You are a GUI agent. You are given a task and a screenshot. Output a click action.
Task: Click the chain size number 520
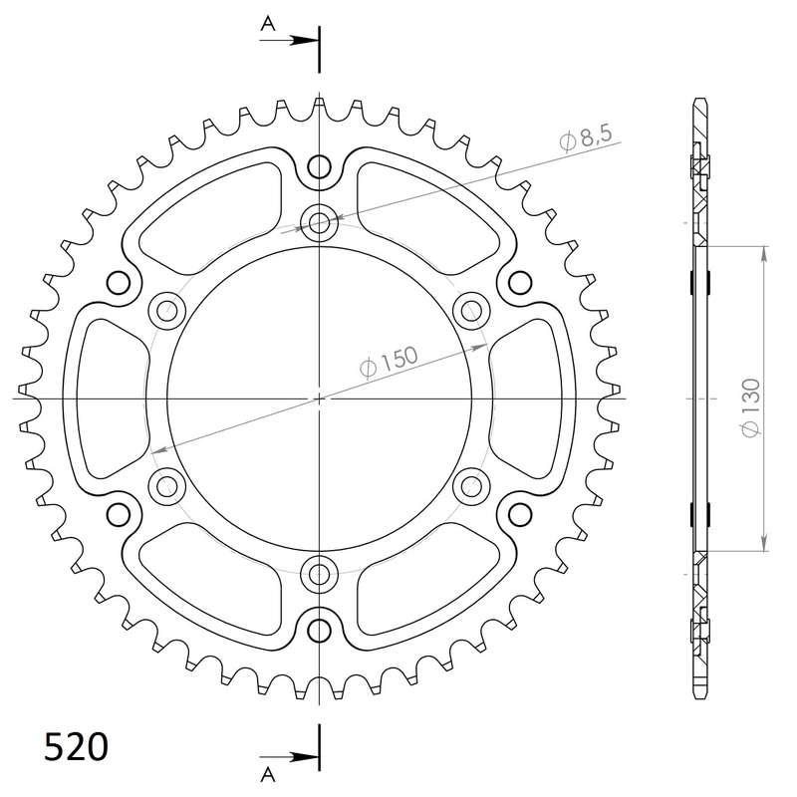76,747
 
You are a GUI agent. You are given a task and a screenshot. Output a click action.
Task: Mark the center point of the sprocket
319,398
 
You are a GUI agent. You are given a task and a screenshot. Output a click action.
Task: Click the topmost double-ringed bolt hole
319,222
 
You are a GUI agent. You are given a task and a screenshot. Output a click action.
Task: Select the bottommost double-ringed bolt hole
319,574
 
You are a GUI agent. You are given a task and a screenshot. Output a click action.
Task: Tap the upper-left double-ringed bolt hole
166,310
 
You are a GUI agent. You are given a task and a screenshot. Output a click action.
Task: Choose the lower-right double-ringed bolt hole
470,486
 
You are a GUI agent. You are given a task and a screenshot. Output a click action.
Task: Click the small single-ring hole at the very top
319,167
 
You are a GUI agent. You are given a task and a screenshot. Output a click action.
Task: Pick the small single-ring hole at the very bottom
319,629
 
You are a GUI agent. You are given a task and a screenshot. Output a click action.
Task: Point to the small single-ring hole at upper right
518,283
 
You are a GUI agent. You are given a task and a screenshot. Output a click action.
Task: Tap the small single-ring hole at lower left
120,513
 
